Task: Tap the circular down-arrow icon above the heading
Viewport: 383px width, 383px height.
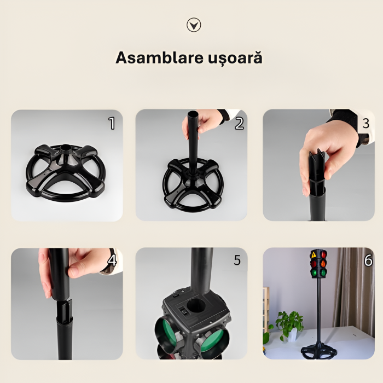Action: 194,25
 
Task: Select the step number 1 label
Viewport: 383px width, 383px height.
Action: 112,123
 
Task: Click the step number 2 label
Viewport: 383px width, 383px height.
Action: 239,123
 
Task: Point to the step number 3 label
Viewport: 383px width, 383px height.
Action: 365,123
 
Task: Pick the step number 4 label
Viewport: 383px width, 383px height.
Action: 112,260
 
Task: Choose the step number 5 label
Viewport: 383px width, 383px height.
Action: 237,260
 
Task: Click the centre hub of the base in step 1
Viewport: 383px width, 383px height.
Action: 66,149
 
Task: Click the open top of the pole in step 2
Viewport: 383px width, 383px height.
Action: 193,115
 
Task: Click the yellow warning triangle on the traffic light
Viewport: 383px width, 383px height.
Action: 314,254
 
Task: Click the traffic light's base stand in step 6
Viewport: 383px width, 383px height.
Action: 317,350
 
